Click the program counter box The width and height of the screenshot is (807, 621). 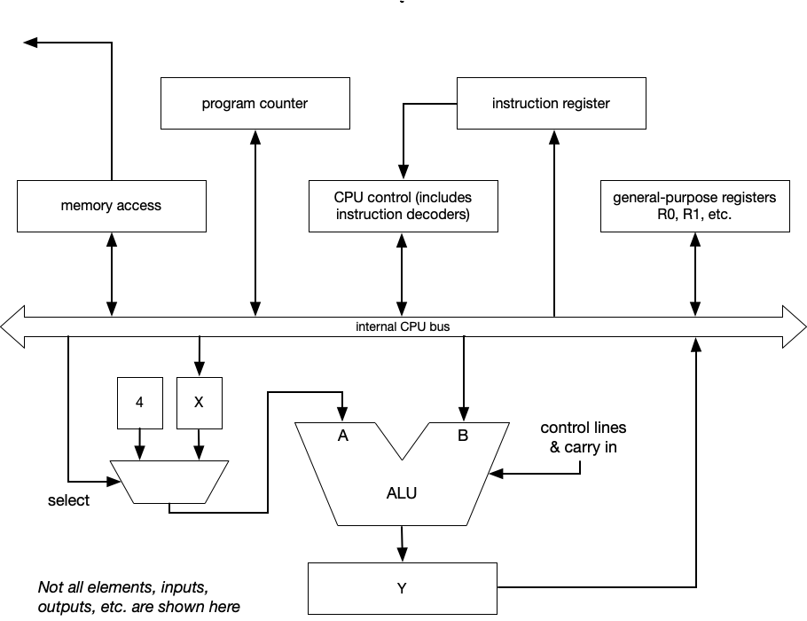click(x=255, y=103)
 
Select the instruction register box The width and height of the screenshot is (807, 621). click(x=551, y=103)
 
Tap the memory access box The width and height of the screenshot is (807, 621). click(x=111, y=206)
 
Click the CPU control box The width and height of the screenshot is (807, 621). click(x=403, y=206)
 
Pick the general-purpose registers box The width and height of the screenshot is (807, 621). click(x=694, y=206)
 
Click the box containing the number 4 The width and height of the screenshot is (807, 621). click(x=139, y=401)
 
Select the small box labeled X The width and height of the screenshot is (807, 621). click(x=199, y=401)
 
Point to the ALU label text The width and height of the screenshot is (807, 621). click(x=402, y=493)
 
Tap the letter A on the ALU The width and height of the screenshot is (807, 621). click(x=341, y=436)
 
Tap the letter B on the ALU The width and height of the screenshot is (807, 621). click(x=463, y=436)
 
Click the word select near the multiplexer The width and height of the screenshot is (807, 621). click(x=68, y=500)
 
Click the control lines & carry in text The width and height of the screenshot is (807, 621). click(x=583, y=437)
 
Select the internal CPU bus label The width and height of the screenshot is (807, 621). click(x=403, y=326)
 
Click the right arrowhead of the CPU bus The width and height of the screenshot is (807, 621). click(x=795, y=326)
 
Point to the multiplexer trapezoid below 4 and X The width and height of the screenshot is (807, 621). click(x=168, y=482)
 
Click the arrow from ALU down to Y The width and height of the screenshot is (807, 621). click(x=402, y=542)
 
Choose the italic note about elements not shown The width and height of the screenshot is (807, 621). click(x=138, y=597)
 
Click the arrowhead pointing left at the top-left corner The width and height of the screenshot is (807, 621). click(x=31, y=42)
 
